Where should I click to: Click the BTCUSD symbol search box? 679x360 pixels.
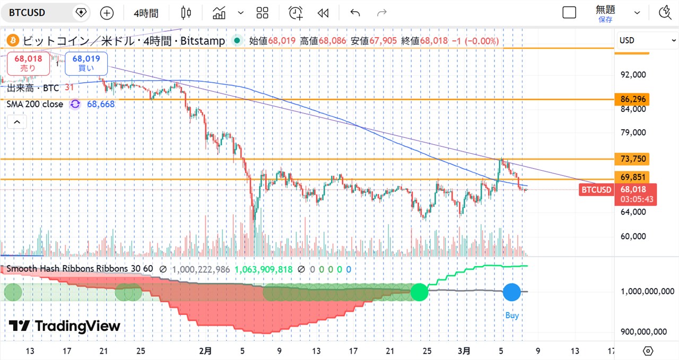[x=37, y=13]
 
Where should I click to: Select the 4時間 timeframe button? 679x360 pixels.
[x=145, y=13]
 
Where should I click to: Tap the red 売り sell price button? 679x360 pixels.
[x=28, y=64]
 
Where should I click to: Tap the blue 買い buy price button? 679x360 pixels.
[x=86, y=64]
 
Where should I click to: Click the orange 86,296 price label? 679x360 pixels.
[x=632, y=99]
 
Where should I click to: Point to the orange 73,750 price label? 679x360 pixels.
[x=632, y=159]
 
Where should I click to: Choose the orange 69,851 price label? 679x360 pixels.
[x=632, y=177]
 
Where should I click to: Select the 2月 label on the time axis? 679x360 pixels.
[x=205, y=351]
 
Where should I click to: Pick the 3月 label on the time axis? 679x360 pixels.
[x=464, y=351]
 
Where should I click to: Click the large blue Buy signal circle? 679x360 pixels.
[x=511, y=292]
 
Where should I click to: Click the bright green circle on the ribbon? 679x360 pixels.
[x=419, y=292]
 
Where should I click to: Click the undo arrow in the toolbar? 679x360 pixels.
[x=355, y=13]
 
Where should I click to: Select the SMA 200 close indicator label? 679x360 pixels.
[x=35, y=104]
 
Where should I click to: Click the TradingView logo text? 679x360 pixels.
[x=65, y=326]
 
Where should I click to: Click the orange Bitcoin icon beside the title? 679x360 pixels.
[x=12, y=40]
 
